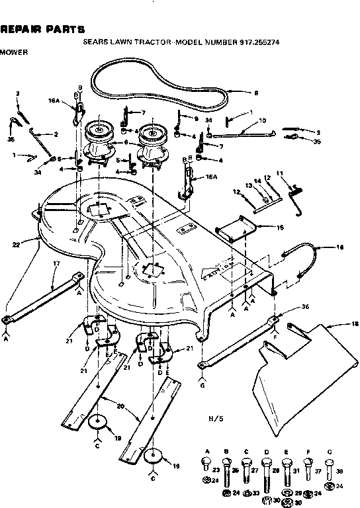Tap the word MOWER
point(14,51)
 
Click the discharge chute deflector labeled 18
point(311,364)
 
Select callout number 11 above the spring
point(279,173)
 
